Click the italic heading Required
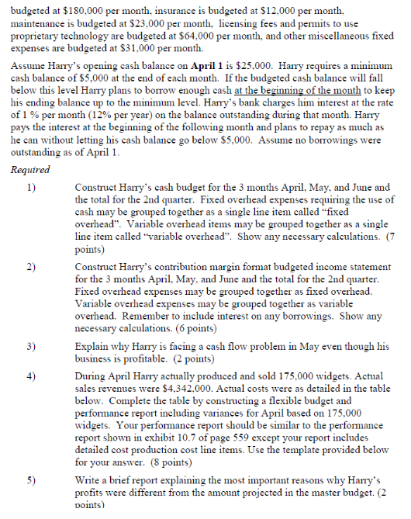click(x=30, y=168)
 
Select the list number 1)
click(x=32, y=187)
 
